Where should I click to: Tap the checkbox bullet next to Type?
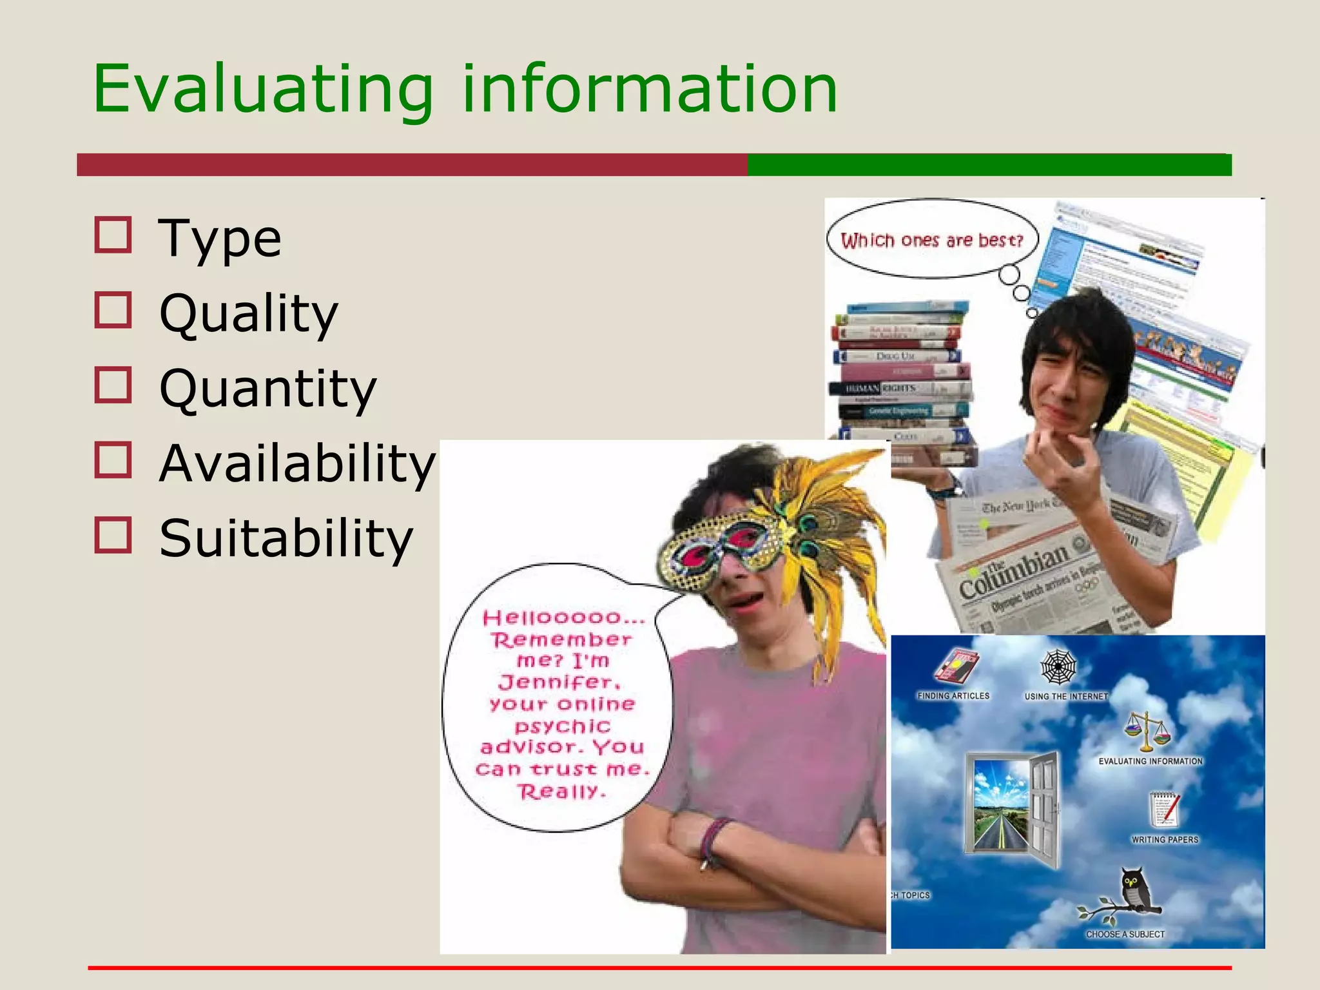pyautogui.click(x=113, y=235)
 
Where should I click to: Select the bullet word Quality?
pyautogui.click(x=249, y=314)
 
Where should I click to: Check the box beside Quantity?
pyautogui.click(x=113, y=385)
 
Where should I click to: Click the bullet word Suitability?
pyautogui.click(x=286, y=538)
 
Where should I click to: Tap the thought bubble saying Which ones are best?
pyautogui.click(x=932, y=240)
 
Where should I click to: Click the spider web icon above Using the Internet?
pyautogui.click(x=1058, y=668)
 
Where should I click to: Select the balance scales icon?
pyautogui.click(x=1147, y=731)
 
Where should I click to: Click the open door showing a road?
pyautogui.click(x=1013, y=808)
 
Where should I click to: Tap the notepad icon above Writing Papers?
pyautogui.click(x=1164, y=810)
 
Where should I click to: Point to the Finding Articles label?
pyautogui.click(x=953, y=696)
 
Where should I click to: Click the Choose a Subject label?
pyautogui.click(x=1125, y=934)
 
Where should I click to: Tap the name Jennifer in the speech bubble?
pyautogui.click(x=559, y=682)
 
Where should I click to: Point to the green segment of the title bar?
pyautogui.click(x=989, y=165)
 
